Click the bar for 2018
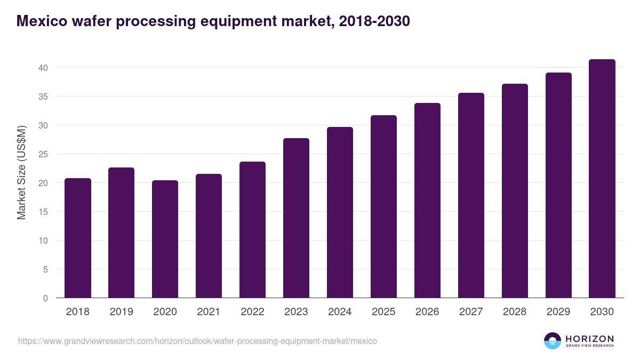tap(78, 238)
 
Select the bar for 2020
tap(165, 239)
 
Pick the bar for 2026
tap(427, 201)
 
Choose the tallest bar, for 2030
tap(602, 179)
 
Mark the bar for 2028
tap(515, 191)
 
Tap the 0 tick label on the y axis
tap(45, 298)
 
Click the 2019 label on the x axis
tap(121, 312)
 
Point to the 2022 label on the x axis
tap(252, 312)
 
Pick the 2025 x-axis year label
tap(383, 312)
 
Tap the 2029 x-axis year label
tap(558, 312)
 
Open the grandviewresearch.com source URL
tap(197, 341)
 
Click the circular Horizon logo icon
tap(553, 341)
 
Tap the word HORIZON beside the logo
tap(589, 339)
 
